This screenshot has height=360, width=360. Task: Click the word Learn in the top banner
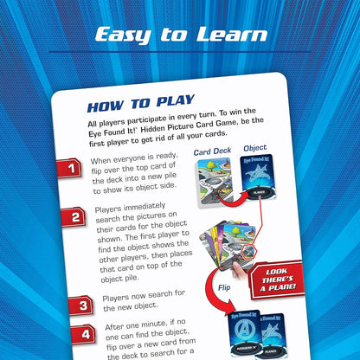[x=232, y=35]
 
